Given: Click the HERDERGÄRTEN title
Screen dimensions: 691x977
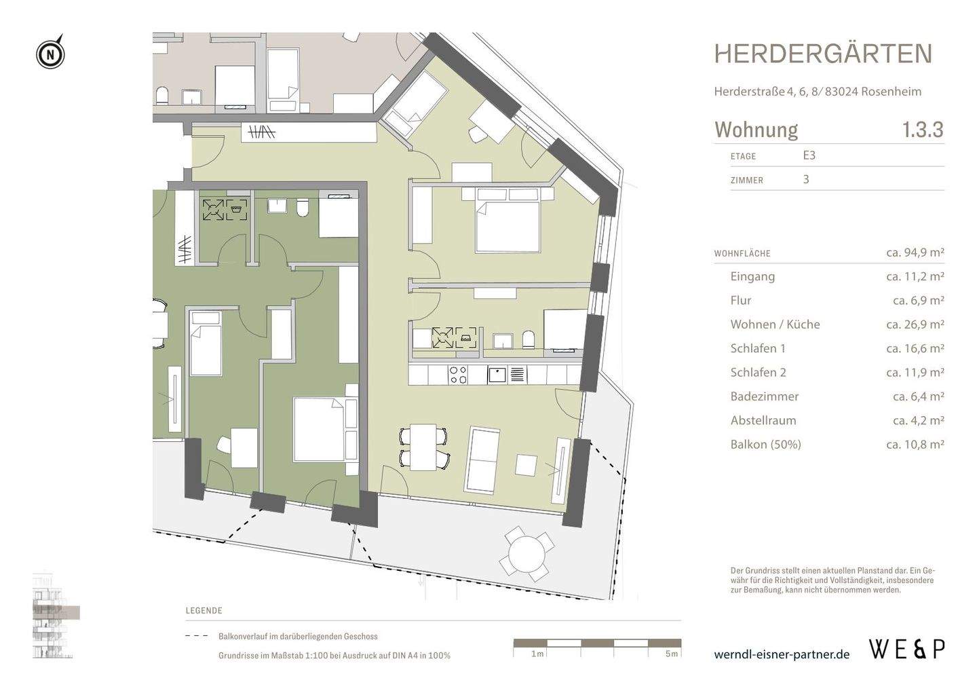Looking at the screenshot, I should coord(823,54).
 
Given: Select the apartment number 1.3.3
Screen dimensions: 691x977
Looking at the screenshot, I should coord(922,129).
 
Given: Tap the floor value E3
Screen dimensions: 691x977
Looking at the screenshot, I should coord(809,155).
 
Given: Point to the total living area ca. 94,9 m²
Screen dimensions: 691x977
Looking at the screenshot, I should coord(915,253).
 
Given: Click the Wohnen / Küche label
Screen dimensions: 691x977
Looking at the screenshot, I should coord(775,324).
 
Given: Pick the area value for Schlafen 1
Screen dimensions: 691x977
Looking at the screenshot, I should coord(915,348).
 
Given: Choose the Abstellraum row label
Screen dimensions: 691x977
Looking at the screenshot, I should coord(763,420).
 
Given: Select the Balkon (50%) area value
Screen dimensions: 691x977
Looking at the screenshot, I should coord(915,445).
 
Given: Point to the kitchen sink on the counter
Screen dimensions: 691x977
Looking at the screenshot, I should coord(497,374).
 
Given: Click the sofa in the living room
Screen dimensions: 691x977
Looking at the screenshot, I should coord(482,460).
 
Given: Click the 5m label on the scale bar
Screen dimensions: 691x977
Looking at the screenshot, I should coord(671,654).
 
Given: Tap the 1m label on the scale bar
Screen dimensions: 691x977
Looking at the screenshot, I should coord(537,654).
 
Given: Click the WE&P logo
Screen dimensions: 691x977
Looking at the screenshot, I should coord(906,650).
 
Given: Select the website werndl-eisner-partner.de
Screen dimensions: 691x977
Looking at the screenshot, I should coord(782,654).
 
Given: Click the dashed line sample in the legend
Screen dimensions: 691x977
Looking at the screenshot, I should coord(197,637).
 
